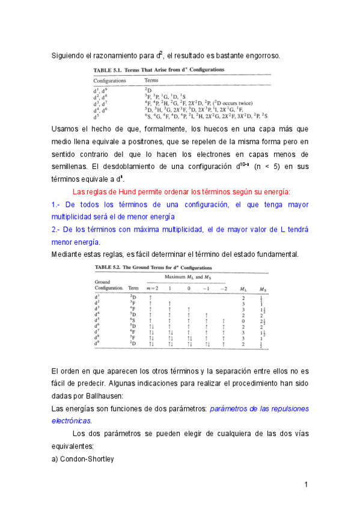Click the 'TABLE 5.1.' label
(x=108, y=70)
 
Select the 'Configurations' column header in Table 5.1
(x=109, y=80)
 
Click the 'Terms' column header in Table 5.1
(x=151, y=80)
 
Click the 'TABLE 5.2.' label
(x=109, y=266)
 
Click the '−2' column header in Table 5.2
(x=224, y=289)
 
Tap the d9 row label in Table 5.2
(x=97, y=343)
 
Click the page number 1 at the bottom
(x=306, y=485)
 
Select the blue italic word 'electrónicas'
(x=72, y=421)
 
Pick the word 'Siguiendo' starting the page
(x=68, y=56)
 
